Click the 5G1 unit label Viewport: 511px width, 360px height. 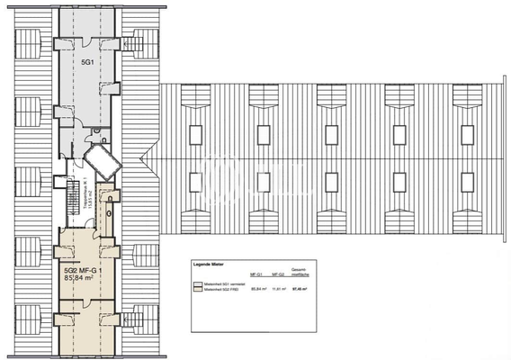click(x=87, y=64)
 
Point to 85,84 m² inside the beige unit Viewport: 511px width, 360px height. click(x=85, y=279)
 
